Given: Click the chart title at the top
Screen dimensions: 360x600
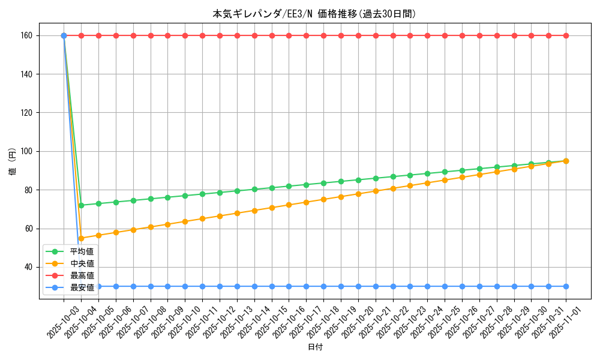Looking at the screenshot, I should pos(314,14).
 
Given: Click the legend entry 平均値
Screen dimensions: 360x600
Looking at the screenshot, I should pos(82,252).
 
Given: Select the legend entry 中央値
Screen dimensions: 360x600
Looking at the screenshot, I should pos(82,264).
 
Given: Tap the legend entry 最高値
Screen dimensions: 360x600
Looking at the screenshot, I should pos(82,276).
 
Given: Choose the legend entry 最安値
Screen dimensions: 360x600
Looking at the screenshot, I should pos(82,288).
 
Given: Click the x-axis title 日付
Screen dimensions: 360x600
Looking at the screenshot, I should pos(315,347).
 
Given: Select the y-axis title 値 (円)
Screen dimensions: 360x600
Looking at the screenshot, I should pos(13,162).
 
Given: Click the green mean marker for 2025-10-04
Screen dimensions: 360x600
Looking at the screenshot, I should pos(81,205).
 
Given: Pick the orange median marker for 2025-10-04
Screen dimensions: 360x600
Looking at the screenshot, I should pos(81,238).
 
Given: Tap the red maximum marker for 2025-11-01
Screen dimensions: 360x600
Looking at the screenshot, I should pos(566,35).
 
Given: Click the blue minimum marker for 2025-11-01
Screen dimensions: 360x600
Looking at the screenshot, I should pos(566,286).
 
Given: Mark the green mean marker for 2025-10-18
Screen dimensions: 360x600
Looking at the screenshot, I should pos(323,183).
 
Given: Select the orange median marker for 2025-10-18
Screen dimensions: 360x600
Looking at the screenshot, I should pos(323,199).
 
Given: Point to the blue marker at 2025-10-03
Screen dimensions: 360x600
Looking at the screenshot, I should pos(64,35).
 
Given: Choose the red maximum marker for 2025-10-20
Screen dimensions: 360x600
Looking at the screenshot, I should pos(358,35).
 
